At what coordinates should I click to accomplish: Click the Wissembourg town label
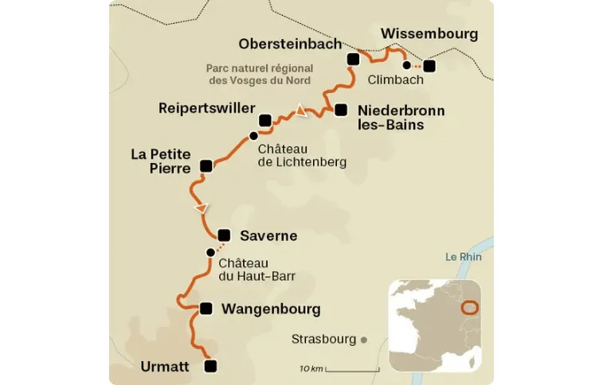point(429,33)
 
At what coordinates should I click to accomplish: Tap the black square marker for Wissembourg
point(430,66)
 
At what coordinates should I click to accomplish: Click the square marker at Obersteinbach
point(354,59)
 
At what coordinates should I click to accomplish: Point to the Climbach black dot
point(407,65)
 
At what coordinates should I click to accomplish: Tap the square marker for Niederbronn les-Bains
point(341,110)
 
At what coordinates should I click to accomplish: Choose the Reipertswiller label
point(206,107)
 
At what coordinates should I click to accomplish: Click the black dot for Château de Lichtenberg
point(253,135)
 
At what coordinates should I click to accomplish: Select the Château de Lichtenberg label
point(302,155)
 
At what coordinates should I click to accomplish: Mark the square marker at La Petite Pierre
point(206,165)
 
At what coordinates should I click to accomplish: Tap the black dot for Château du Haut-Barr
point(210,252)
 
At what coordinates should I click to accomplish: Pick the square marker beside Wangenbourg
point(206,309)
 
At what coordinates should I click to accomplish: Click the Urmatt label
point(164,367)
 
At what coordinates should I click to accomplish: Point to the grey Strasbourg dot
point(364,340)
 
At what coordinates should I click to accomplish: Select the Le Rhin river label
point(464,257)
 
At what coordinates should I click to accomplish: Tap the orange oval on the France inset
point(471,308)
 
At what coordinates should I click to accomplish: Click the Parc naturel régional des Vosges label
point(257,75)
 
